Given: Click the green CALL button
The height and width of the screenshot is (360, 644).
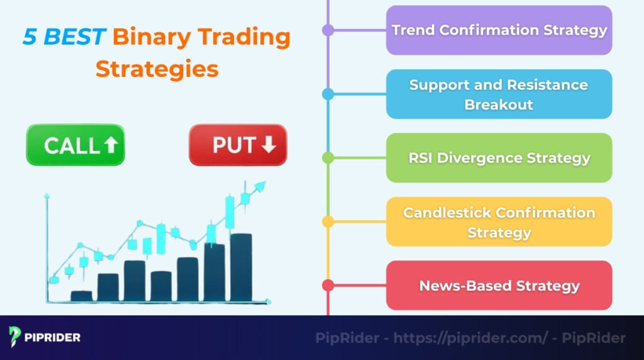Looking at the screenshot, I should tap(75, 145).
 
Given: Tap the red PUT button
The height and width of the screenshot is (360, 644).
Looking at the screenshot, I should tap(238, 145).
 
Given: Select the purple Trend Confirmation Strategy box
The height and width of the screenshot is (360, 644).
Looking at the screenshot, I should tap(499, 30).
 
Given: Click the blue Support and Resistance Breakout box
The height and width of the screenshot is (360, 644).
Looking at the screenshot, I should tap(499, 94).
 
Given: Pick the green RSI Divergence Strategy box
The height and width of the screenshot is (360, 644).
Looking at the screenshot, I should tap(499, 158).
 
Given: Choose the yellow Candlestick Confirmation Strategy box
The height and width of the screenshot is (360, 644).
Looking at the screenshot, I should tap(499, 222).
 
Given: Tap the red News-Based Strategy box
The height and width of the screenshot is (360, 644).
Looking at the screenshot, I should tap(499, 285).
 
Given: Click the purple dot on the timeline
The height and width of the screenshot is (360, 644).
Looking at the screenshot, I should tap(328, 30).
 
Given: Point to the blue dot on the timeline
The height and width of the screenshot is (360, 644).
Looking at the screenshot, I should tap(328, 94).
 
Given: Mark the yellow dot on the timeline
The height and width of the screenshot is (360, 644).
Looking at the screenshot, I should tap(328, 222).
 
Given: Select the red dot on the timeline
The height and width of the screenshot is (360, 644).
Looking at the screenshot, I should tap(328, 285).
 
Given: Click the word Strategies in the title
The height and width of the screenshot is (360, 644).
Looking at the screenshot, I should tap(157, 69).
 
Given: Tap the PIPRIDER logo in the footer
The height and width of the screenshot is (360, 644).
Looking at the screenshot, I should tap(45, 337).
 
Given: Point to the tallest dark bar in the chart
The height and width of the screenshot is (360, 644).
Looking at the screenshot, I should tap(241, 267).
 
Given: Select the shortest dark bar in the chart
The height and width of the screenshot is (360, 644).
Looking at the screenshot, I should tap(82, 295).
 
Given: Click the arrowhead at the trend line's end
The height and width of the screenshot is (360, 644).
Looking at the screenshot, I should tap(260, 186).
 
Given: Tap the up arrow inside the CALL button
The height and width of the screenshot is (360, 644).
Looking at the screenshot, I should tap(111, 145).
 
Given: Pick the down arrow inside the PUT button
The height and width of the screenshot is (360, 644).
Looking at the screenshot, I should tap(269, 145).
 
